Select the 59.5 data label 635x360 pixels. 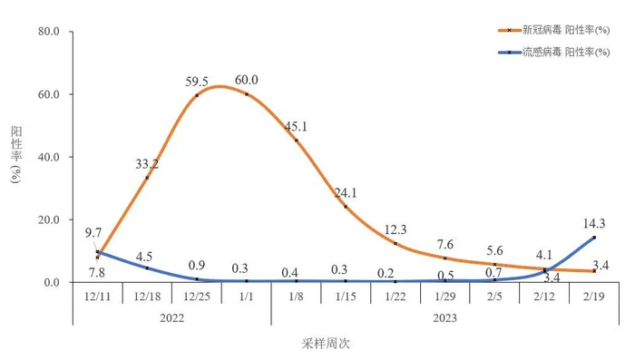click(197, 82)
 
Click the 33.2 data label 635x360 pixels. click(147, 164)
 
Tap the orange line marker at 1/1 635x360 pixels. click(247, 94)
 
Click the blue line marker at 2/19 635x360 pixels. click(593, 238)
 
